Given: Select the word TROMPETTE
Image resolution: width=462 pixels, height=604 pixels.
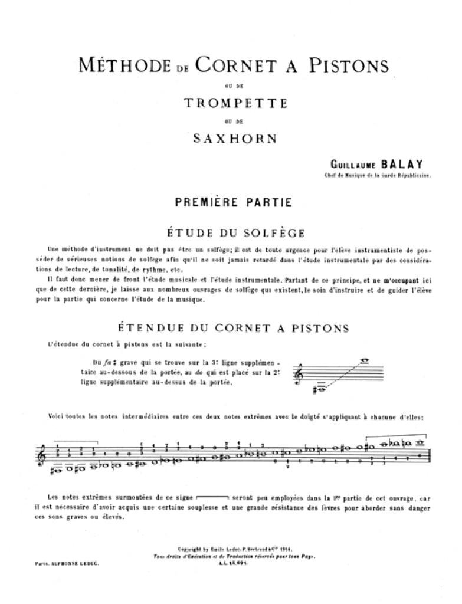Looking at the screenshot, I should [x=235, y=103].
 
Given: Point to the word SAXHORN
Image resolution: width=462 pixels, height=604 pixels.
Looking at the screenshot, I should [x=235, y=139].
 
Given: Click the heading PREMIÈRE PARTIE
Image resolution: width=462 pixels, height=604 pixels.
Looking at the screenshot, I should [x=233, y=202].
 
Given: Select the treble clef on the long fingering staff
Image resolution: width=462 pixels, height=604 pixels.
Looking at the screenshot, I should [x=41, y=456].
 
